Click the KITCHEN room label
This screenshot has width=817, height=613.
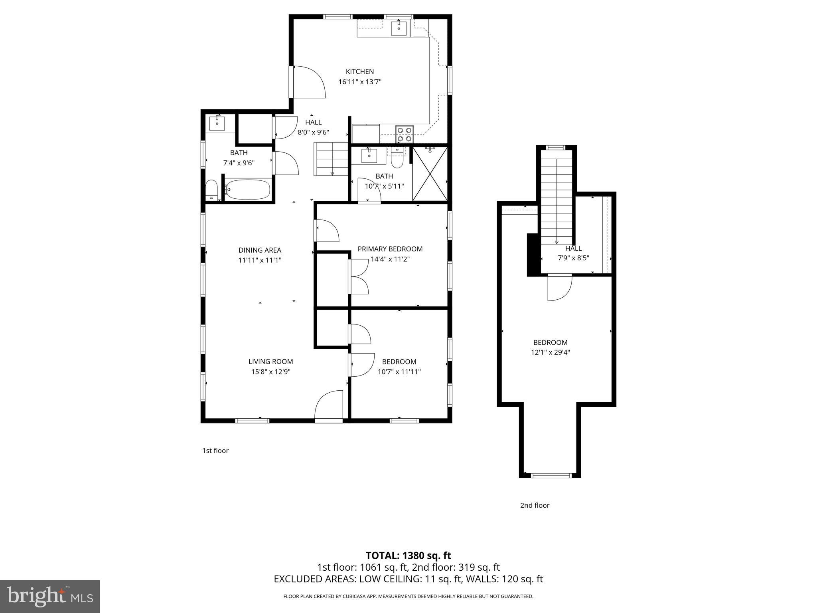click(x=359, y=72)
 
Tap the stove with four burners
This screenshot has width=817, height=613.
click(x=405, y=134)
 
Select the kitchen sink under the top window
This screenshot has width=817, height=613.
click(x=399, y=28)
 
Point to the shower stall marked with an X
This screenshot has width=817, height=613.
click(x=430, y=174)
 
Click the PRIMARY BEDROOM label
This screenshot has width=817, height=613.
click(x=390, y=249)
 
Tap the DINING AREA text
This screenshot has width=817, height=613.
click(x=260, y=250)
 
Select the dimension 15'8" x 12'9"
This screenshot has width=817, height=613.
click(x=270, y=372)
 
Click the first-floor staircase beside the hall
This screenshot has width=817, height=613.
click(x=331, y=159)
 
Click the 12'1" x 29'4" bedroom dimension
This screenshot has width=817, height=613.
click(x=550, y=352)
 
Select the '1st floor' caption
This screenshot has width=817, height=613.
click(x=215, y=451)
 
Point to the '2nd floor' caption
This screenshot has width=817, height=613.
click(x=535, y=505)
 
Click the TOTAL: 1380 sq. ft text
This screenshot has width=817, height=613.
click(x=408, y=556)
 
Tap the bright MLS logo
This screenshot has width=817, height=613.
click(x=50, y=597)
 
